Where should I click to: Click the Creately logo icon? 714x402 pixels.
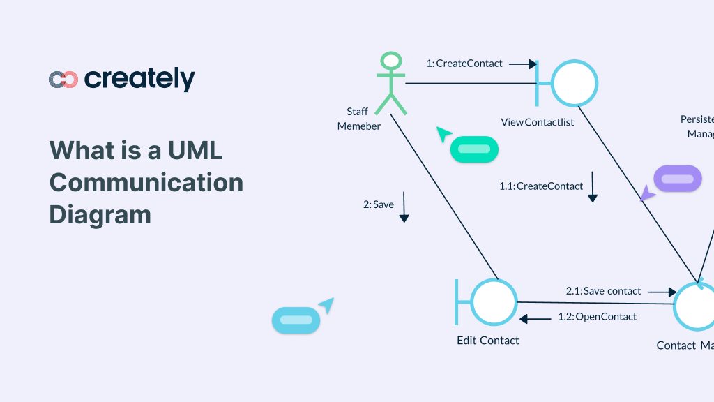pos(63,80)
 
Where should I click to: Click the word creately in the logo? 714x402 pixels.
pos(139,80)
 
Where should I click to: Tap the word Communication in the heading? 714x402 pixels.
pos(146,182)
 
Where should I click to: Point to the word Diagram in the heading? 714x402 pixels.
pos(100,214)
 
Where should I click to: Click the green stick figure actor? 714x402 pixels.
pos(391,83)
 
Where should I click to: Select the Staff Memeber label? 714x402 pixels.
pos(358,119)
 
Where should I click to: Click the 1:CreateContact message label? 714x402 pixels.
pos(464,64)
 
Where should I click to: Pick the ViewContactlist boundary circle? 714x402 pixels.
pos(575,83)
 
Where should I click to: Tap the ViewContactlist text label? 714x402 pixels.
pos(538,122)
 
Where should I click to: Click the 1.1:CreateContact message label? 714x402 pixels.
pos(541,186)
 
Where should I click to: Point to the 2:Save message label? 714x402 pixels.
pos(379,204)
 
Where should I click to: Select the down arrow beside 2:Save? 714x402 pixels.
pos(404,208)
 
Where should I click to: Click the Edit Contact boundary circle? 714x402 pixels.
pos(494,302)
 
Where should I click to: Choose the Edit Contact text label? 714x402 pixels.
pos(488,341)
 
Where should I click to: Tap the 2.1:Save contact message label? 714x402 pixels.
pos(603,291)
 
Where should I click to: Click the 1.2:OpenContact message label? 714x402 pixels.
pos(597,317)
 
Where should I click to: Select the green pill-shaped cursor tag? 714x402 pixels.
pos(474,149)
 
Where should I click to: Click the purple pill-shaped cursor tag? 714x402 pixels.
pos(677,179)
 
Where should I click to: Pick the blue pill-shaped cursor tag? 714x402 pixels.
pos(296,320)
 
